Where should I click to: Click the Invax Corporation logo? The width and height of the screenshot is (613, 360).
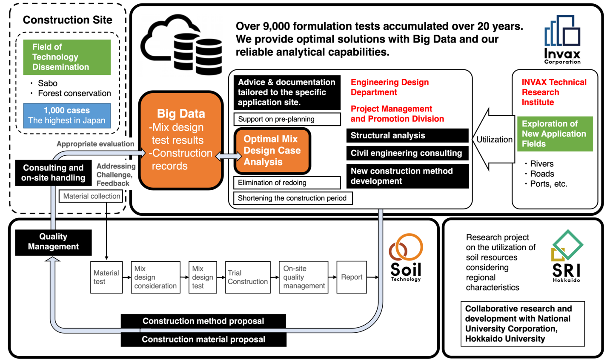click(x=562, y=40)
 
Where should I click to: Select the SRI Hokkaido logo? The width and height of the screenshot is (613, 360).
click(x=567, y=256)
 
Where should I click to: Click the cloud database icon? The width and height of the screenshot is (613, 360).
click(x=181, y=45)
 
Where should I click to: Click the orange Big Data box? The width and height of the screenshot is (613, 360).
click(x=181, y=140)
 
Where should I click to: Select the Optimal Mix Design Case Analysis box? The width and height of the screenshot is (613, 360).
click(x=272, y=151)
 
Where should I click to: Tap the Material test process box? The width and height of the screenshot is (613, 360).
click(x=106, y=277)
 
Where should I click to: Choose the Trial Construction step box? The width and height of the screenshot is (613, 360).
click(x=248, y=277)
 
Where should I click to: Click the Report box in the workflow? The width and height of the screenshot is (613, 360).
click(x=352, y=277)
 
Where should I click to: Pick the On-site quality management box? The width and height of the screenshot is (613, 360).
click(x=304, y=277)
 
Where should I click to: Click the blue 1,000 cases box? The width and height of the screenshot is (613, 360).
click(x=67, y=115)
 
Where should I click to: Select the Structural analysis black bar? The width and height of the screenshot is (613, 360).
click(x=407, y=135)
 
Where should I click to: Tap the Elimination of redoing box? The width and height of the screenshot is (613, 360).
click(x=287, y=183)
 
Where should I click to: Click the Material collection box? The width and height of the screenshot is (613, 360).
click(x=91, y=196)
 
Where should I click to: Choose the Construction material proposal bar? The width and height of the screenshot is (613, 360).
click(x=203, y=340)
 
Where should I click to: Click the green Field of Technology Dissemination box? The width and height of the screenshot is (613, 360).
click(x=67, y=57)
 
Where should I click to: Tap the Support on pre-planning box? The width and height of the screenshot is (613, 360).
click(x=287, y=119)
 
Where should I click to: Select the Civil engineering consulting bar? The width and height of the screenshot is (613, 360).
click(x=407, y=153)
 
